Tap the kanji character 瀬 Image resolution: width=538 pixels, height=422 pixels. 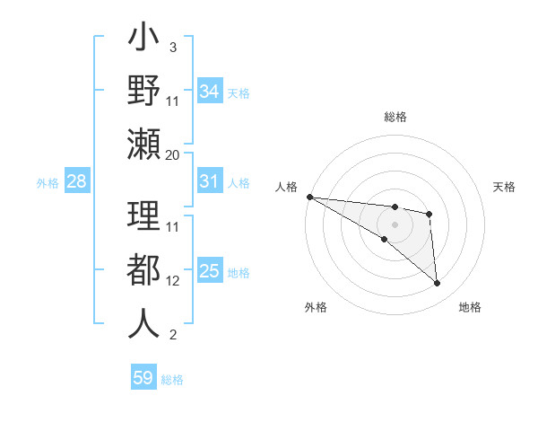[x=143, y=144]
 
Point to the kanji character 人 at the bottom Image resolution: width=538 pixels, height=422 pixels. [x=143, y=323]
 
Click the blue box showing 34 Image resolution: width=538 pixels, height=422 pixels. [x=209, y=92]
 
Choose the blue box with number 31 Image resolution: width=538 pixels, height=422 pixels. [x=209, y=181]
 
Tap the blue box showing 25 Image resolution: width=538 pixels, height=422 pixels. [x=209, y=271]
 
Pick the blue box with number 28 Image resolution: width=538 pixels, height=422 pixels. [x=76, y=181]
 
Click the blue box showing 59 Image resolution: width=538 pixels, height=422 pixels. [x=143, y=378]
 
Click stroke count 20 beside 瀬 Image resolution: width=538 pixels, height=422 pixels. [x=173, y=155]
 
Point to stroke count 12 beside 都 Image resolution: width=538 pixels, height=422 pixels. [x=173, y=281]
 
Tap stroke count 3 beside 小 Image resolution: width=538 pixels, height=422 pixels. [x=172, y=47]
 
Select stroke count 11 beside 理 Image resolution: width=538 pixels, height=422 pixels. [x=173, y=226]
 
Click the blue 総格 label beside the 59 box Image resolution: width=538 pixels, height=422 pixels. [x=172, y=380]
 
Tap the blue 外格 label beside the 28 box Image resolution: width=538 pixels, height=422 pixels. [x=48, y=183]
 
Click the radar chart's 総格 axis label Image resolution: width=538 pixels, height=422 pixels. [x=395, y=117]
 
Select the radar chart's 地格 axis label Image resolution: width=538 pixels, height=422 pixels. [x=470, y=307]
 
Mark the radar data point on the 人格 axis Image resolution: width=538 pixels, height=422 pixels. [x=309, y=197]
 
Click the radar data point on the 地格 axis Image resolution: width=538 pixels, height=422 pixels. [x=438, y=284]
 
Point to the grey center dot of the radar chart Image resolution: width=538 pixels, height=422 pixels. [x=395, y=224]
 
